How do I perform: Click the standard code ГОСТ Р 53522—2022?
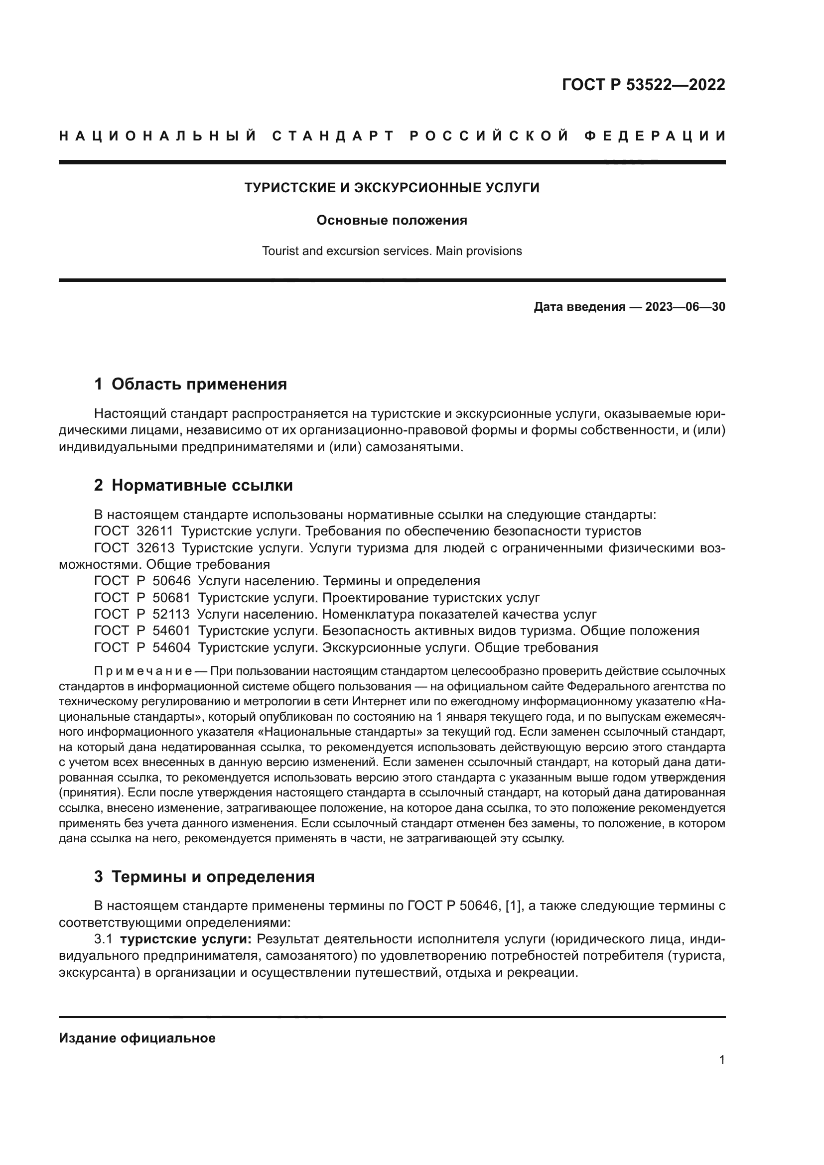coord(643,85)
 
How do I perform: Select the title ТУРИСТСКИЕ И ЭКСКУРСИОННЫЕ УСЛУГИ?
coord(392,188)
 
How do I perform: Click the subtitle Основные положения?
coord(392,221)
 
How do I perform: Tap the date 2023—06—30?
coord(685,307)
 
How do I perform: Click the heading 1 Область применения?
coord(191,384)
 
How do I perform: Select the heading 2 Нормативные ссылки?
coord(193,486)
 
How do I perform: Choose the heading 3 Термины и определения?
coord(204,877)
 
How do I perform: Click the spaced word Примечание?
coord(143,671)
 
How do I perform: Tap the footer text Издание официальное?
coord(137,1038)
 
